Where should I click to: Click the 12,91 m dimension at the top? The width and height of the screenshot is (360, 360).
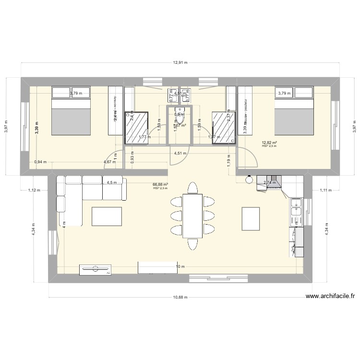click(x=180, y=62)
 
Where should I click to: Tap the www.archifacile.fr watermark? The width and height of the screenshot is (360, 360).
click(x=333, y=297)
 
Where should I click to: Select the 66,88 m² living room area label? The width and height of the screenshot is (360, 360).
click(x=160, y=184)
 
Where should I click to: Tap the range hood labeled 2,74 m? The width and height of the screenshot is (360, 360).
click(x=270, y=183)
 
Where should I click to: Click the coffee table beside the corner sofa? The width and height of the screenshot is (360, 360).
click(x=107, y=216)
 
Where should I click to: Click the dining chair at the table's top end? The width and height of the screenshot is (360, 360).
click(x=192, y=188)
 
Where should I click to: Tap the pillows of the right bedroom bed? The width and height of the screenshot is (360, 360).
click(x=293, y=92)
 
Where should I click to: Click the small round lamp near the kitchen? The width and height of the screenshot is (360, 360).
click(x=249, y=180)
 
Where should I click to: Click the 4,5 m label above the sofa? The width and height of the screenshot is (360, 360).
click(x=111, y=182)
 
